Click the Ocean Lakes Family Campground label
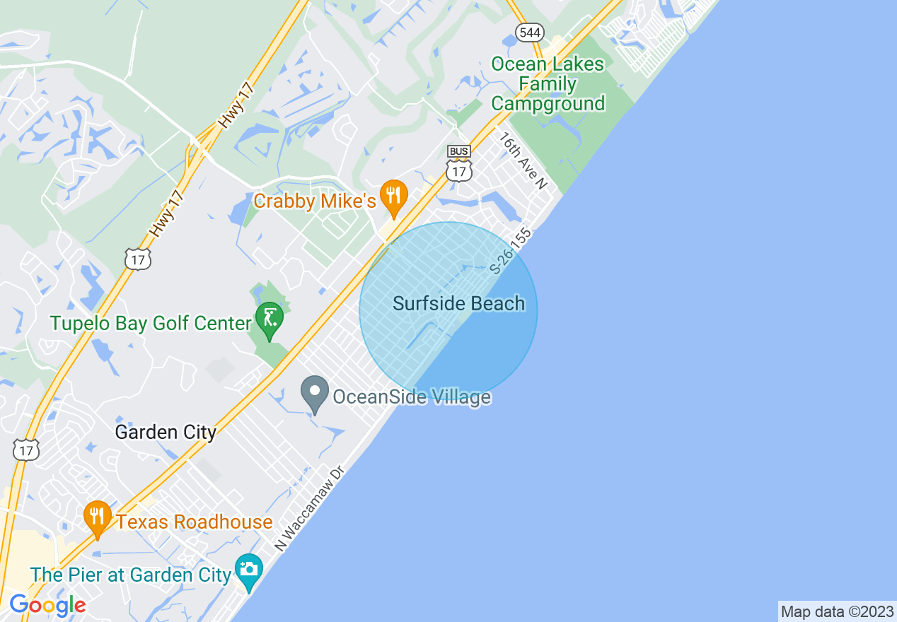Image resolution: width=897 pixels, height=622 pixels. pos(548,84)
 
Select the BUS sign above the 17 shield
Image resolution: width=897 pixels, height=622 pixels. pos(459,152)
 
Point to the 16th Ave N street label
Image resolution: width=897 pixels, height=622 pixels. pos(523,160)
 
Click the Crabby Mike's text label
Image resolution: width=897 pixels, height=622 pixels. pos(314,201)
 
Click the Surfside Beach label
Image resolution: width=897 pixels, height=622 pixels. pos(459,304)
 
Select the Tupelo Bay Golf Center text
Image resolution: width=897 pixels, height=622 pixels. pos(151,324)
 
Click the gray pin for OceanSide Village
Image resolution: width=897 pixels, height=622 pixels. pos(315,394)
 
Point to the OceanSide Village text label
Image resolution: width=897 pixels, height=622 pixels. pos(412,397)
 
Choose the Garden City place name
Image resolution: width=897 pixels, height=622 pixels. pos(166,432)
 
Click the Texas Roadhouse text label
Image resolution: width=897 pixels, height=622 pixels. pos(195,522)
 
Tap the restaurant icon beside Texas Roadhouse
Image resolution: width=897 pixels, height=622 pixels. pos(98,518)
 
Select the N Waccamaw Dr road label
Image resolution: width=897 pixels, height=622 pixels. pos(309,507)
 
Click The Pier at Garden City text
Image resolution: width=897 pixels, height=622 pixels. pos(132,575)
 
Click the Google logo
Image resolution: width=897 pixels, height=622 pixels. pos(47,605)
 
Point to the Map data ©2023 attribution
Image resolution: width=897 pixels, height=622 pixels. pos(837,611)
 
